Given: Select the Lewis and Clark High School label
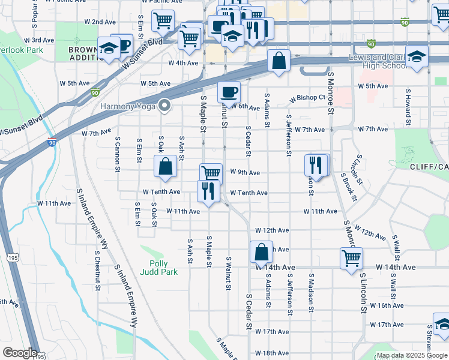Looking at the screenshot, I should [379, 62].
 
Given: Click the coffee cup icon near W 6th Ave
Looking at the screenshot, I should [229, 92].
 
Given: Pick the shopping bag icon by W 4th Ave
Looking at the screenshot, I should [279, 60].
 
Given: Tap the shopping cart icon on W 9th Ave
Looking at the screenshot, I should [211, 173].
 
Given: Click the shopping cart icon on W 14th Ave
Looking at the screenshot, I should [351, 258].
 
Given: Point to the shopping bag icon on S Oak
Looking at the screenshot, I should [165, 166].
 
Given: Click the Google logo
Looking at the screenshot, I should [19, 353].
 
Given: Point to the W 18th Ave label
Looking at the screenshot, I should [272, 353].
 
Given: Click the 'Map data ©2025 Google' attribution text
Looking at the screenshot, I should [412, 355].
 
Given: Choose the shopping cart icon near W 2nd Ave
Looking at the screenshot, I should [163, 21].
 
